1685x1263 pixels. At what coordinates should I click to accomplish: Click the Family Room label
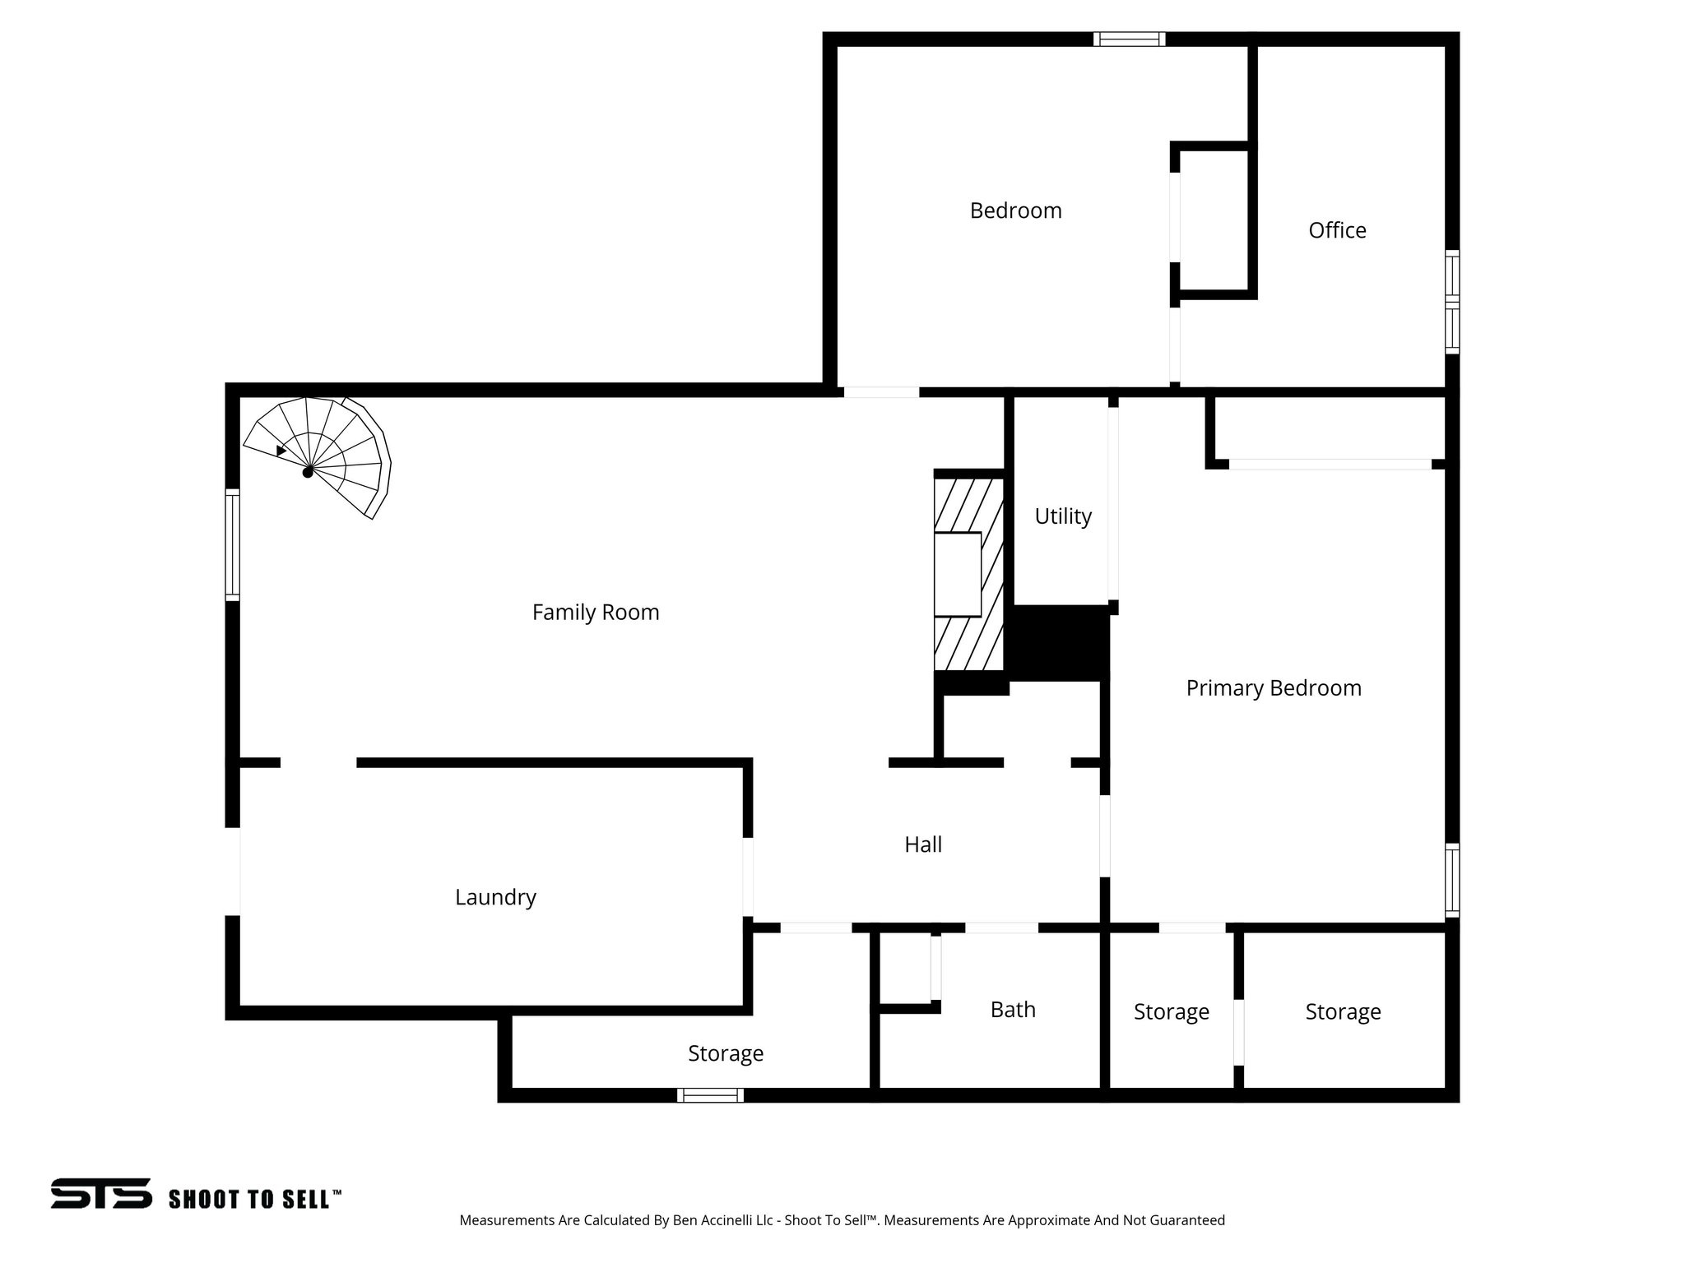[596, 613]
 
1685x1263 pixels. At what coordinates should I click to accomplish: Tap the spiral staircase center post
[308, 472]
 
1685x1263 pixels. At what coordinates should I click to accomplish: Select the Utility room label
[1063, 516]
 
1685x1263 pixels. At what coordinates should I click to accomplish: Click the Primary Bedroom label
[1273, 688]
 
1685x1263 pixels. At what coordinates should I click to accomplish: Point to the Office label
[1337, 230]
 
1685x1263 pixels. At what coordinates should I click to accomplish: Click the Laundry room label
[495, 897]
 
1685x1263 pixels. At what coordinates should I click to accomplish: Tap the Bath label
[1013, 1010]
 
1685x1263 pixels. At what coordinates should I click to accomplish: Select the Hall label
[923, 844]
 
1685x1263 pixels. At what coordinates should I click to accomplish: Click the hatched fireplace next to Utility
[968, 573]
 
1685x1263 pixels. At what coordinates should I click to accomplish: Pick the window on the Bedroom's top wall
[1129, 39]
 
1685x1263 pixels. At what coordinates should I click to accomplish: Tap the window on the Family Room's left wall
[233, 544]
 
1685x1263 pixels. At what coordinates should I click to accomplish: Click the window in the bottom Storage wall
[710, 1095]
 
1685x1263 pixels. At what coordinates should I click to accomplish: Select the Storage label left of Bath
[726, 1053]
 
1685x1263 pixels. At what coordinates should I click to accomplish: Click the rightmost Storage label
[1343, 1011]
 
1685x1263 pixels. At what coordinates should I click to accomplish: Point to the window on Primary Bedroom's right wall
[1452, 880]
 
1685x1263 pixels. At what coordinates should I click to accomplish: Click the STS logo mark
[101, 1193]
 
